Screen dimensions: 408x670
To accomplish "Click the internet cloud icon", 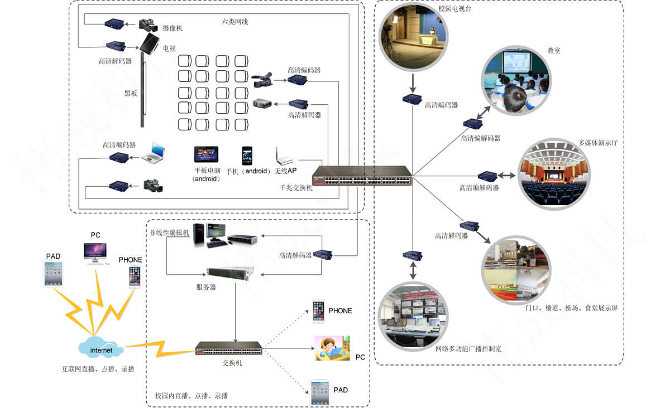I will tap(101, 349).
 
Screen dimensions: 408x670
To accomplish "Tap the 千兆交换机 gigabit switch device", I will tap(362, 176).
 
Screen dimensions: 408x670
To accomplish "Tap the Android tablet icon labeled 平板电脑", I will tap(206, 154).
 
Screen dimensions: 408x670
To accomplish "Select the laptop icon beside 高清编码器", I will tap(153, 152).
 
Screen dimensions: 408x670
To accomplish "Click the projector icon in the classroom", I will tap(262, 104).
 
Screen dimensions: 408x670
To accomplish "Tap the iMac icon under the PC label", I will tap(95, 252).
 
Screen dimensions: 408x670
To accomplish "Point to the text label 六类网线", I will tap(234, 22).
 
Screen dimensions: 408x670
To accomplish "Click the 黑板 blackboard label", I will tap(131, 93).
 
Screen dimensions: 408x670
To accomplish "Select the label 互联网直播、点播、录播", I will tap(98, 368).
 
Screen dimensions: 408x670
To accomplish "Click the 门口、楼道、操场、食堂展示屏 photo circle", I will tap(516, 270).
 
